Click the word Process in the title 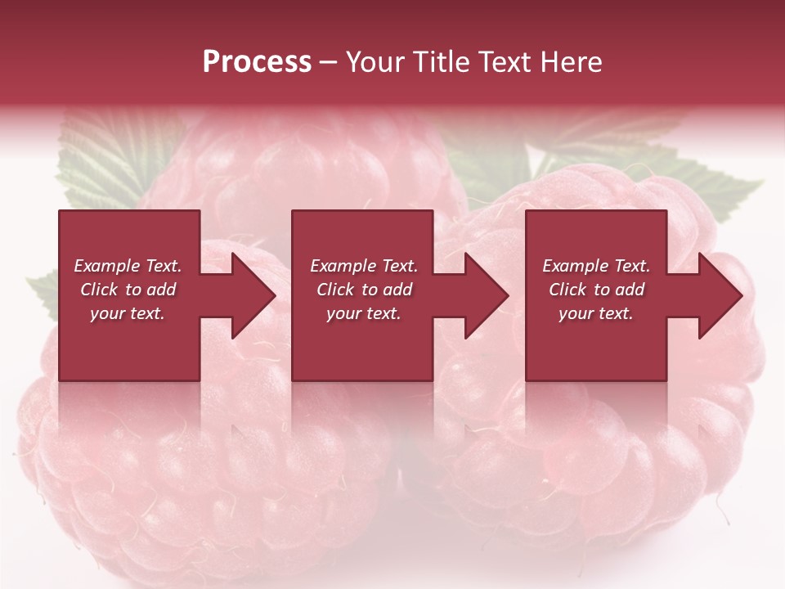point(257,62)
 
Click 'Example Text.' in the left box point(128,266)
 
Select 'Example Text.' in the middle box point(364,266)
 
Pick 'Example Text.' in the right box point(596,266)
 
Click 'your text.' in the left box point(128,313)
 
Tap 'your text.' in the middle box point(364,313)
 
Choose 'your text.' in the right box point(596,313)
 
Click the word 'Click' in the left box point(100,290)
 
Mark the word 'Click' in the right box point(568,290)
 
